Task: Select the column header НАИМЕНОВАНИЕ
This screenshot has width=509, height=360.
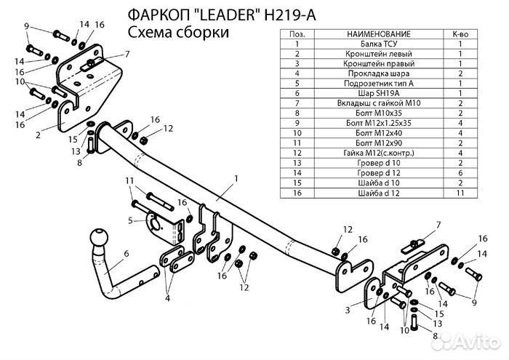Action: click(x=380, y=34)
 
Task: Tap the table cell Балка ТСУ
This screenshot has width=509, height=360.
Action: click(x=380, y=44)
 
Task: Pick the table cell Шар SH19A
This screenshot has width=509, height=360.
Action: click(x=380, y=93)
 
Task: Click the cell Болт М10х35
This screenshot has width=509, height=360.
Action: click(x=380, y=113)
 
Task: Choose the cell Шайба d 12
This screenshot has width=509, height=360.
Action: click(x=380, y=193)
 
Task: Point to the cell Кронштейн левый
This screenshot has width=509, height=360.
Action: click(x=380, y=54)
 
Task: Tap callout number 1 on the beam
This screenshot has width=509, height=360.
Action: click(x=236, y=178)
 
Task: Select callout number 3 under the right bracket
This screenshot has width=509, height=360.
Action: click(x=348, y=310)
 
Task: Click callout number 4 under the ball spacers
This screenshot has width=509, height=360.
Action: click(x=167, y=297)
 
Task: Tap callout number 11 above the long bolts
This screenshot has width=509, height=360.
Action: click(x=129, y=180)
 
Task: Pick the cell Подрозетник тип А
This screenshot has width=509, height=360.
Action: click(x=380, y=84)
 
